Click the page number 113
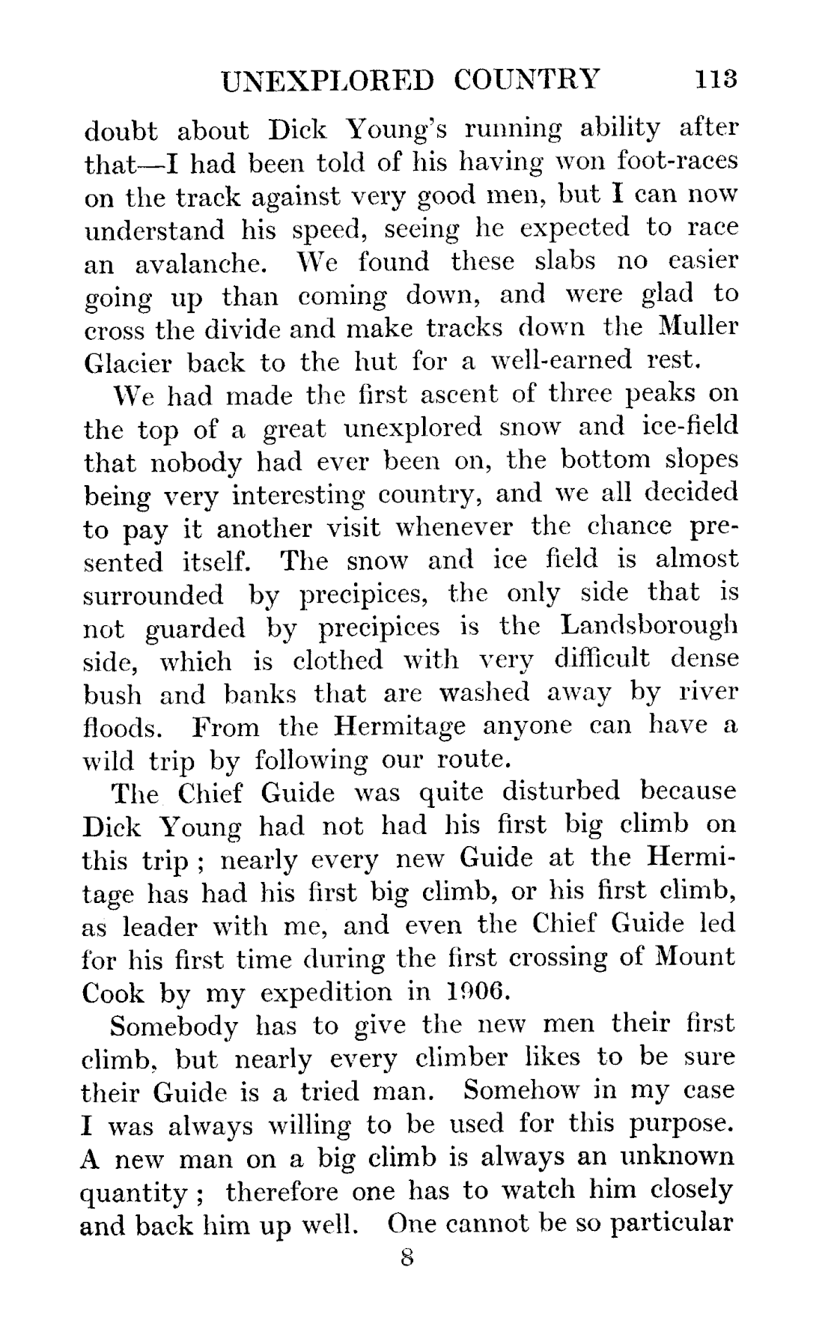[x=716, y=79]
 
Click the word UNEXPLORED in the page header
[x=328, y=79]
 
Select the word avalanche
[x=200, y=264]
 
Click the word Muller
[x=700, y=327]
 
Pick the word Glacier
[x=127, y=362]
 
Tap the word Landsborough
[x=649, y=625]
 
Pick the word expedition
[x=326, y=993]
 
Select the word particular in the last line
[x=671, y=1224]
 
